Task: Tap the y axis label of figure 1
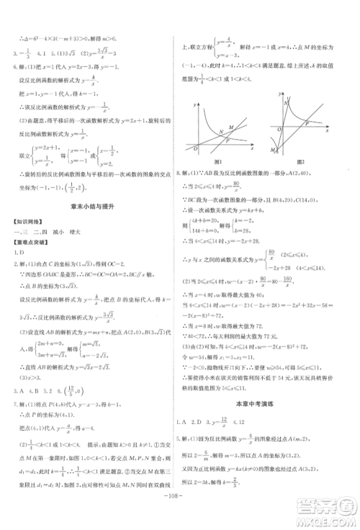195,106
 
